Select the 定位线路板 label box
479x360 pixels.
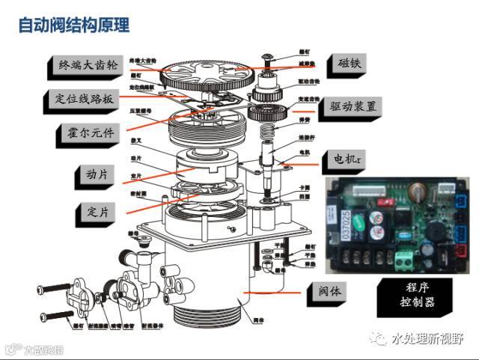click(83, 99)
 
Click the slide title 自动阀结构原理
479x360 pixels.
click(74, 25)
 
